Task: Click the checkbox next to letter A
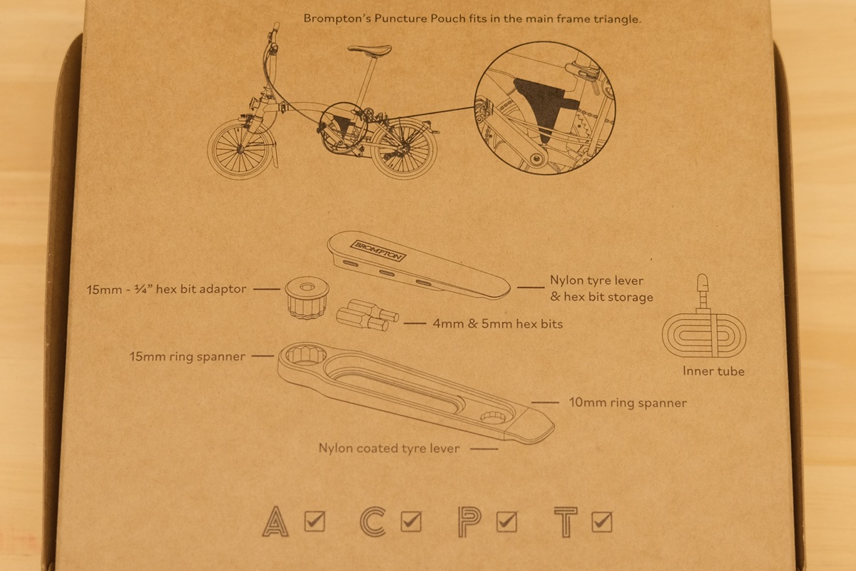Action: (x=315, y=521)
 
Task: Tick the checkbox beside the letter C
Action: (x=411, y=521)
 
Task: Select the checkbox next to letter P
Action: (x=506, y=521)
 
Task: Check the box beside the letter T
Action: (x=602, y=522)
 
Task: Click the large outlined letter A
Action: (x=275, y=521)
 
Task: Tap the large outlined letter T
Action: (x=566, y=522)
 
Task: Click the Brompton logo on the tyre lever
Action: (x=378, y=251)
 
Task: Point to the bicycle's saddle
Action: (x=370, y=50)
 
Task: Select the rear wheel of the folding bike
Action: (x=404, y=148)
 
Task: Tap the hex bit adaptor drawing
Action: (x=307, y=298)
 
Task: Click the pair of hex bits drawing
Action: (x=367, y=315)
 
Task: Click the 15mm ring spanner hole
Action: (x=306, y=355)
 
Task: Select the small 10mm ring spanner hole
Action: (x=493, y=417)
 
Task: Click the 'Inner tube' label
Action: (x=713, y=371)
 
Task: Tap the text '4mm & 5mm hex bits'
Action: (x=498, y=324)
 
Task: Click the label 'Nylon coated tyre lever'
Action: (x=389, y=448)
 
